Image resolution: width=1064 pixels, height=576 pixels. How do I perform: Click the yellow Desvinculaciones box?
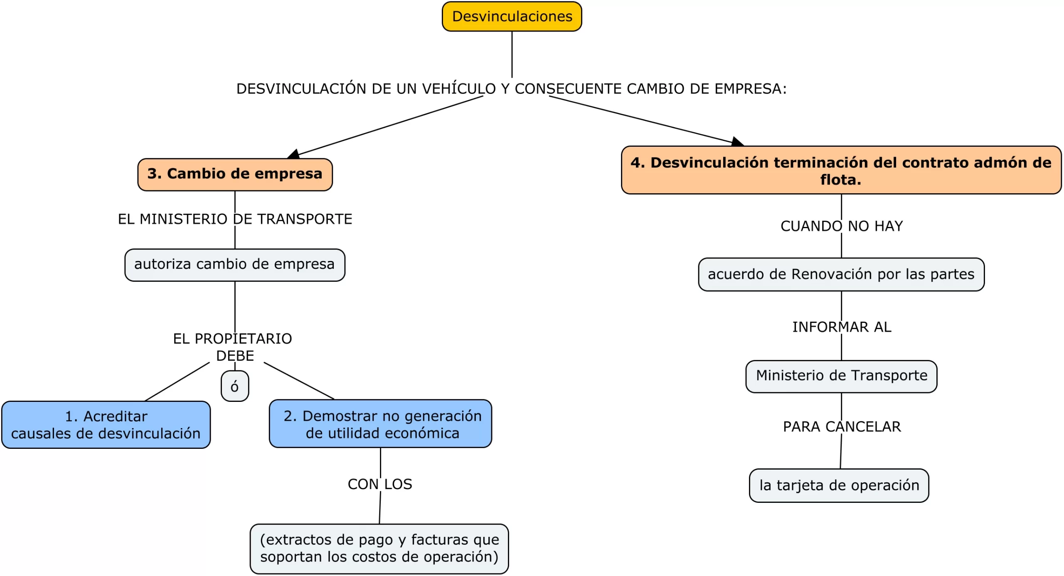click(x=511, y=17)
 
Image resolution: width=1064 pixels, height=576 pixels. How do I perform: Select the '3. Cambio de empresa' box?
click(x=235, y=175)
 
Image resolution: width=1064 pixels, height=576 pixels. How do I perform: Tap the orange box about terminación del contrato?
click(x=840, y=170)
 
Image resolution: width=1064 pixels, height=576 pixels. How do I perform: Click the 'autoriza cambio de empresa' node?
click(x=234, y=265)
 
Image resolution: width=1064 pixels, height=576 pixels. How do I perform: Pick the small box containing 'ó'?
click(x=235, y=386)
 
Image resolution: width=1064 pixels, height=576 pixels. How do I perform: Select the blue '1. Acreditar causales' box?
click(x=106, y=425)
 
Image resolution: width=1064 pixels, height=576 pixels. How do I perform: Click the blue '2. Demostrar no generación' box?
click(x=380, y=424)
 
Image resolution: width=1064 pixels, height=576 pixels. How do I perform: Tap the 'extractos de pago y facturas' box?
click(x=379, y=549)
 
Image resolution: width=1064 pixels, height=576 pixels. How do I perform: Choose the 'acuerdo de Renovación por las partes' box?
click(x=841, y=275)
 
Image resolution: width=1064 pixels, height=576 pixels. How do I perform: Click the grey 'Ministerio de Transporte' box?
click(x=841, y=376)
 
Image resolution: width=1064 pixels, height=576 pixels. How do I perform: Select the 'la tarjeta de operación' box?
click(x=839, y=485)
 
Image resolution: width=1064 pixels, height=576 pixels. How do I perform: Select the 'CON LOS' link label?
click(x=379, y=484)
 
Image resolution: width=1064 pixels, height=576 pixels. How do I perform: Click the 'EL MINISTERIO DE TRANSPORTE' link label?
click(x=235, y=219)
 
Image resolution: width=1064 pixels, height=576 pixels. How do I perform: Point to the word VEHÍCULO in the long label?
click(x=458, y=89)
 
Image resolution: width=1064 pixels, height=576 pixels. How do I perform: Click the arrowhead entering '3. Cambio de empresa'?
click(x=293, y=155)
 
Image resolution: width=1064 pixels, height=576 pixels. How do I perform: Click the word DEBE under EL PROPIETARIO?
click(x=235, y=356)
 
